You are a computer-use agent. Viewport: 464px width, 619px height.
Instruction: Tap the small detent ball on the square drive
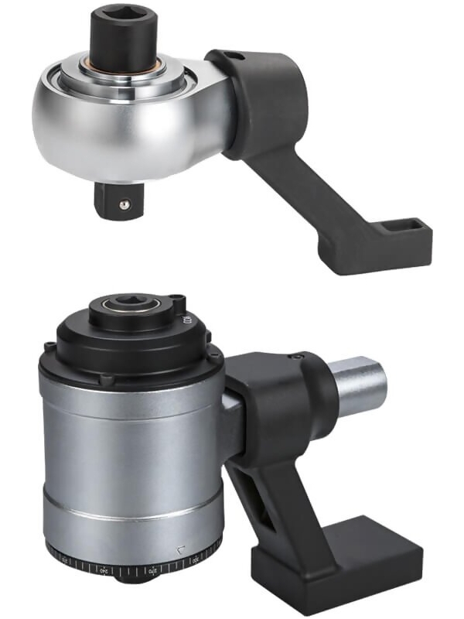(123, 203)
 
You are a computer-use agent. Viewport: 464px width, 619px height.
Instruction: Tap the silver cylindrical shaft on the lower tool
(359, 384)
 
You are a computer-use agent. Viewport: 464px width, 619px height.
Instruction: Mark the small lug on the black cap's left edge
(49, 345)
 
